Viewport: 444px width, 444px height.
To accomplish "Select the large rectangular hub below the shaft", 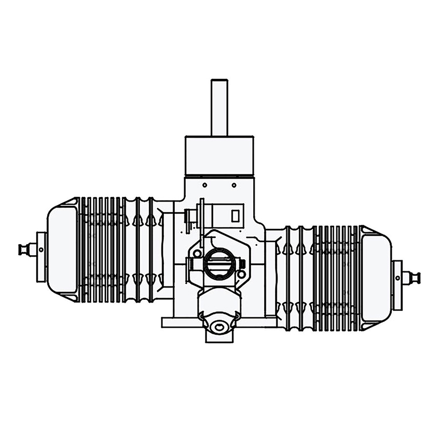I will click(219, 154).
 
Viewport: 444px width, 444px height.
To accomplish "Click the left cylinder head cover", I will click(63, 250).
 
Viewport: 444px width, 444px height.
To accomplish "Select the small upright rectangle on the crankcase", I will click(235, 215).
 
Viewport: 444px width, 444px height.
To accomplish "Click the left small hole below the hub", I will click(204, 184).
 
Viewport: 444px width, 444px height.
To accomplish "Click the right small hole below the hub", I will click(234, 184).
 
